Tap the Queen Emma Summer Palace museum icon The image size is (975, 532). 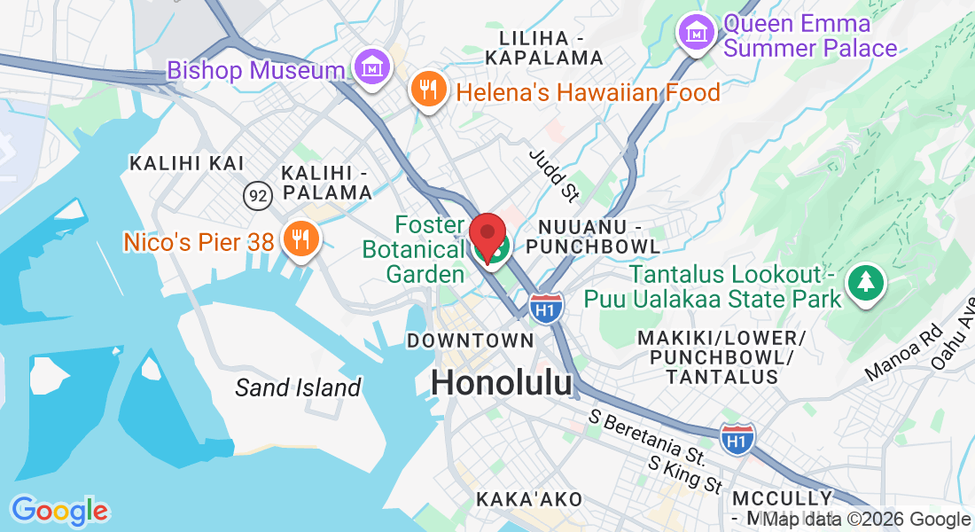(x=697, y=33)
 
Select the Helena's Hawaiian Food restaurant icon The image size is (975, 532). (x=428, y=89)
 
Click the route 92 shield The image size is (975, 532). (x=257, y=196)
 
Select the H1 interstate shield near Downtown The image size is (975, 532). (x=546, y=308)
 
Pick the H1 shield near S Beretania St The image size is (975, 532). (x=737, y=439)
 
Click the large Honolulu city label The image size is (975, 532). (x=502, y=382)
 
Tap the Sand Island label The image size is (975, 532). (x=298, y=387)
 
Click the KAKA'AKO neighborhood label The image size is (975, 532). (x=529, y=499)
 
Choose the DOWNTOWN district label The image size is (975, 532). (x=470, y=340)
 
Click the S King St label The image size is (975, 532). (x=685, y=474)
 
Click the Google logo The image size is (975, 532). (x=59, y=510)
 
